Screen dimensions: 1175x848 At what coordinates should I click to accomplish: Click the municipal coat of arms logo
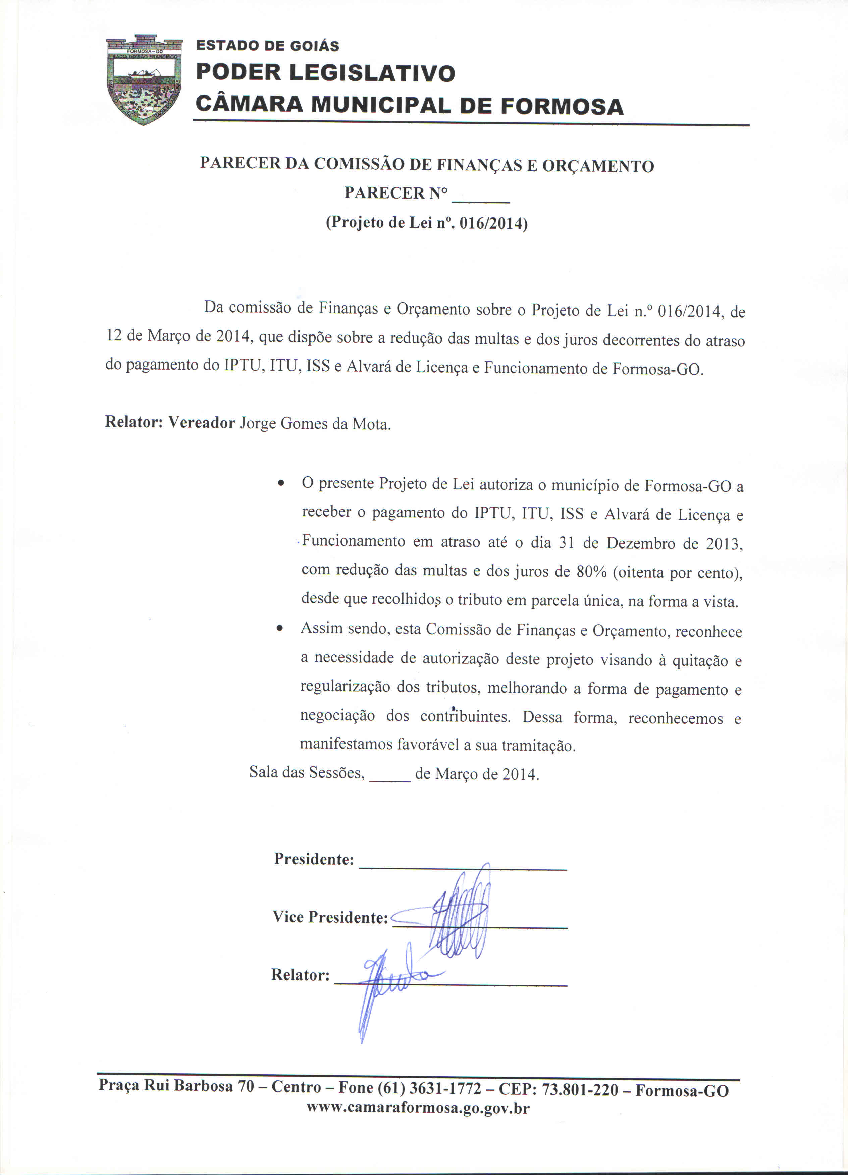[x=145, y=79]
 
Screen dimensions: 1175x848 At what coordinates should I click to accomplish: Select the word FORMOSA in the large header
[x=562, y=106]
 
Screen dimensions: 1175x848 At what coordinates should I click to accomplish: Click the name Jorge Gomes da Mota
[x=315, y=424]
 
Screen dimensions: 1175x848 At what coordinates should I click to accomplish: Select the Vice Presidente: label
[x=330, y=917]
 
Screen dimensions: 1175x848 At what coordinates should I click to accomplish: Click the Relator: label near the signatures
[x=301, y=975]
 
